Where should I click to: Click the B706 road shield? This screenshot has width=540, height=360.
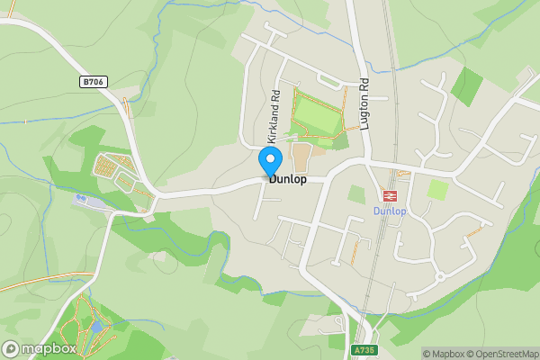[92, 82]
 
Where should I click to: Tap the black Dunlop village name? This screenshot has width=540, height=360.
[288, 179]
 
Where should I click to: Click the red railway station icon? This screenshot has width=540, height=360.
[391, 194]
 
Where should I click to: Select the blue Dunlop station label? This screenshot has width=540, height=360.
[390, 211]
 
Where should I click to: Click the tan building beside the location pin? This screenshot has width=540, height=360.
[301, 157]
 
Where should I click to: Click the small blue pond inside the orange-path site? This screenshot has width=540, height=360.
[95, 327]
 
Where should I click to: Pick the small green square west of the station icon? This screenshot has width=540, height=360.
[357, 194]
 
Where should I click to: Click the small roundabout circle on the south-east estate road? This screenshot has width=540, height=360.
[439, 275]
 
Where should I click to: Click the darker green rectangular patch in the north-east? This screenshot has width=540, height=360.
[466, 86]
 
